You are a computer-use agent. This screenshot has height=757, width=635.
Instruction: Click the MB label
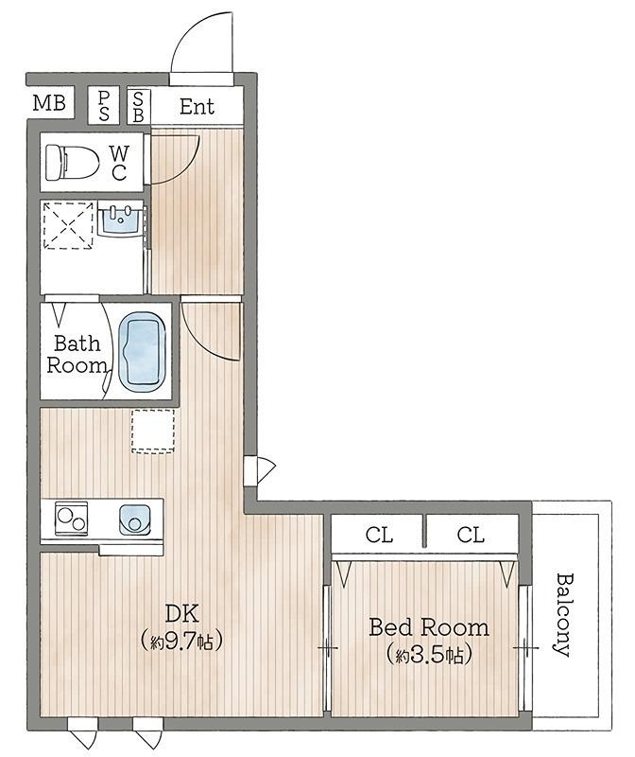[x=49, y=102]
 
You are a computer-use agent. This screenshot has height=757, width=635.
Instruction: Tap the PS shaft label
[x=104, y=106]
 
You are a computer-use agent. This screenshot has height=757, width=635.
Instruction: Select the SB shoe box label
[x=138, y=106]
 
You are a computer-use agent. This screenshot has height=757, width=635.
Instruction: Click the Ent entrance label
[x=197, y=106]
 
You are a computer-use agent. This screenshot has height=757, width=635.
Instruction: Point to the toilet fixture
[x=72, y=162]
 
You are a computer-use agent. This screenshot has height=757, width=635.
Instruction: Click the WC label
[x=119, y=163]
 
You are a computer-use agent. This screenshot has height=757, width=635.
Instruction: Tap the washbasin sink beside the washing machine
[x=121, y=220]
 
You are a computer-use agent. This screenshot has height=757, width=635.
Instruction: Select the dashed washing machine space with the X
[x=68, y=225]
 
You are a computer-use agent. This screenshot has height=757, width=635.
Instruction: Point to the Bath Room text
[x=77, y=354]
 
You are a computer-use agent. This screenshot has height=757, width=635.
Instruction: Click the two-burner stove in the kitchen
[x=72, y=519]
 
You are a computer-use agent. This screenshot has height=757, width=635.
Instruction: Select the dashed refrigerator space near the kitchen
[x=153, y=431]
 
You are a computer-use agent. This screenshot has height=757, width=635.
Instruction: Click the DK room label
[x=181, y=613]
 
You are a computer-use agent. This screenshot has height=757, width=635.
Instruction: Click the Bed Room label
[x=429, y=627]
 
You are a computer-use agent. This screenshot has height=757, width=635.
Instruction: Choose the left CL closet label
[x=379, y=535]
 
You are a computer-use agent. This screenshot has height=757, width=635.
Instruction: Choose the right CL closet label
[x=471, y=535]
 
